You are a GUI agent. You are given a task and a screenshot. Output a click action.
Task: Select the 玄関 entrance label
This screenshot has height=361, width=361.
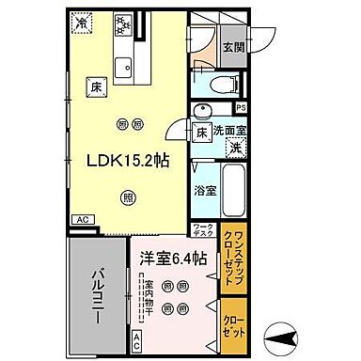click(232, 49)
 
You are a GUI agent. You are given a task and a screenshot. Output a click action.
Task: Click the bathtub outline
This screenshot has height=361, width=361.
click(234, 186)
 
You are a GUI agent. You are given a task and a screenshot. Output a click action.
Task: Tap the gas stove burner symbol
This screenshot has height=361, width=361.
click(122, 22)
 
